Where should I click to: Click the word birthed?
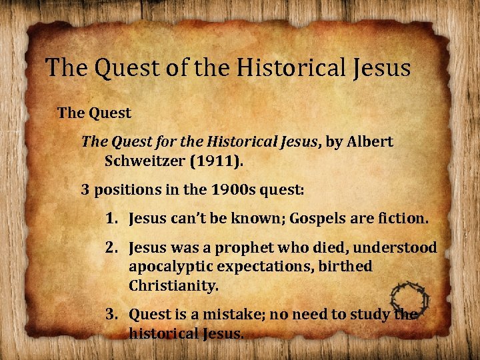coord(347,266)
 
